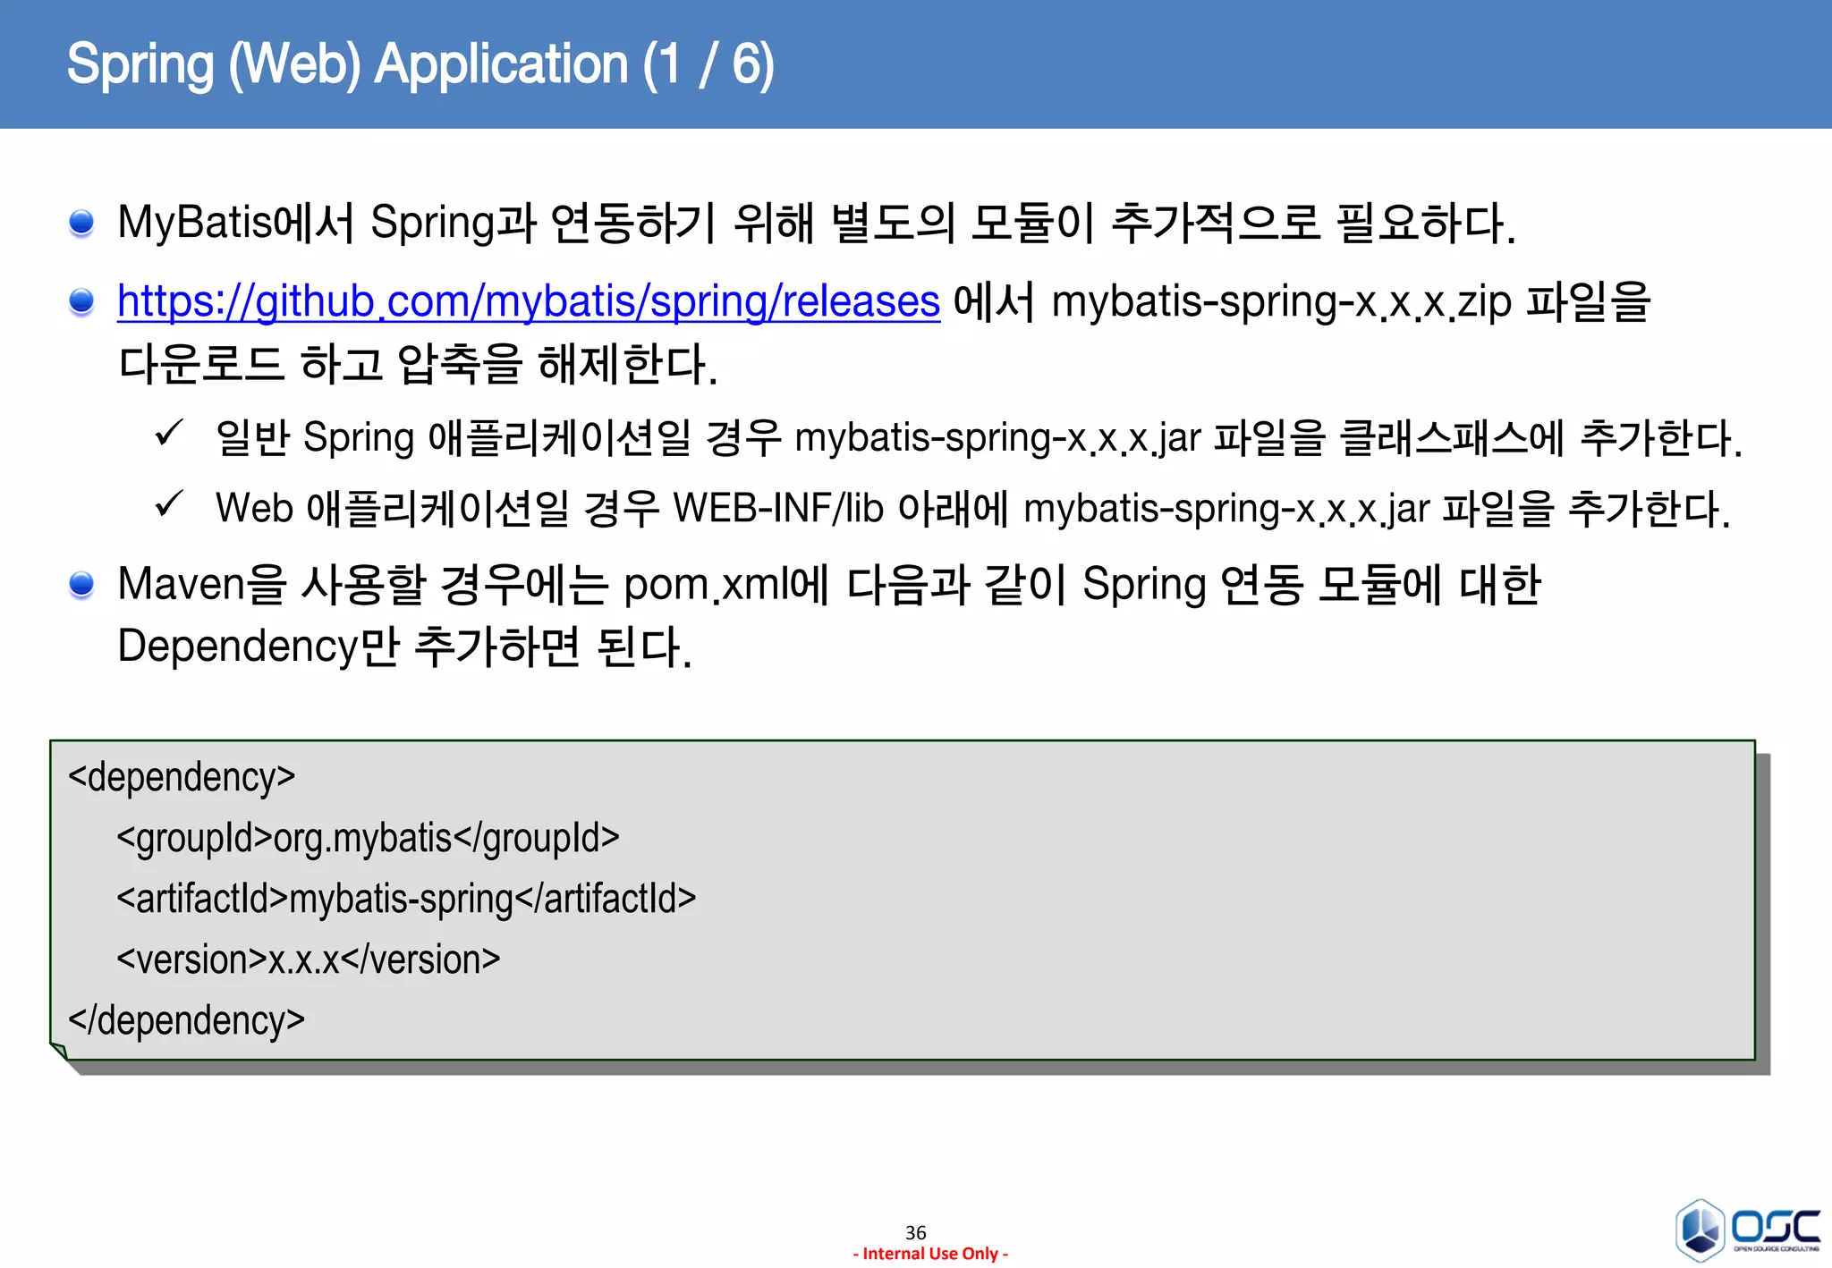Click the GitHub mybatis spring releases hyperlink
(x=528, y=301)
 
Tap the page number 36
(x=915, y=1232)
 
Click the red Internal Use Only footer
(x=930, y=1254)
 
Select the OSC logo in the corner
(x=1747, y=1230)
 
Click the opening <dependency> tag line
(x=182, y=776)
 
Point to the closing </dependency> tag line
(x=186, y=1019)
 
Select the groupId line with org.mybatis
(x=368, y=838)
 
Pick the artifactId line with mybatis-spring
(x=406, y=899)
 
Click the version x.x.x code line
(x=308, y=959)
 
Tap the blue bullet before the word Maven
(x=81, y=584)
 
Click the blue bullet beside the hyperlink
(x=81, y=301)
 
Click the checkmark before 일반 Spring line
(x=169, y=434)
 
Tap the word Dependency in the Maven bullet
(x=238, y=646)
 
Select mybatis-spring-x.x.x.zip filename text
(x=1281, y=301)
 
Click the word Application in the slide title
(x=501, y=64)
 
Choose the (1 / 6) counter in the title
(x=708, y=64)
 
